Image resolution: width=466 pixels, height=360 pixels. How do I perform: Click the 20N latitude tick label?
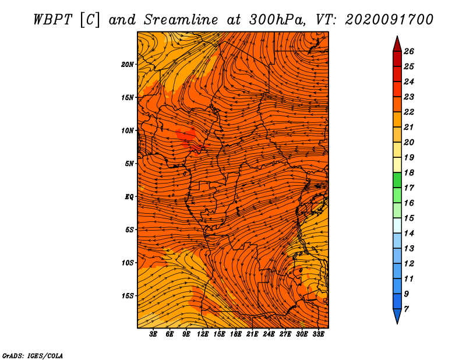[x=128, y=65]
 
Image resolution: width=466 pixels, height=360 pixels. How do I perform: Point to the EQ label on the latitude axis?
[x=129, y=197]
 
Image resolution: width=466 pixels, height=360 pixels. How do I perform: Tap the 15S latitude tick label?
[x=128, y=296]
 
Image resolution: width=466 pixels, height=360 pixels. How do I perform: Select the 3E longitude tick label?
[x=153, y=334]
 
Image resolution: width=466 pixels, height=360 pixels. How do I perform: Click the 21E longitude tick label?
[x=252, y=334]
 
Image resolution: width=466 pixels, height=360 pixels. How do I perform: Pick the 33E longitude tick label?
[x=318, y=334]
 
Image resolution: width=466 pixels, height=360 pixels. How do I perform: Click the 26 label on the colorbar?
[x=409, y=51]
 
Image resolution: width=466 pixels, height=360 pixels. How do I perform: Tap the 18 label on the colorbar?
[x=409, y=172]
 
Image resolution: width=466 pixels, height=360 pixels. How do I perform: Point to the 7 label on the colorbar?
[x=406, y=309]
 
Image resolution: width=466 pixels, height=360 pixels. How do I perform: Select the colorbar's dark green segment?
[x=397, y=180]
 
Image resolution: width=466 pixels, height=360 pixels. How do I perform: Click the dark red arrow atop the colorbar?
[x=397, y=44]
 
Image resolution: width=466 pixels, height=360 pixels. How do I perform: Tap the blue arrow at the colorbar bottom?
[x=397, y=316]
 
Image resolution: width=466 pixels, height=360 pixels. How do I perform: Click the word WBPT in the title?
[x=52, y=20]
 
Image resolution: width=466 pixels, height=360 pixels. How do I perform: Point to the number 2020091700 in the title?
[x=389, y=20]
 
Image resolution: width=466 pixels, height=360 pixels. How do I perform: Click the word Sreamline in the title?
[x=181, y=20]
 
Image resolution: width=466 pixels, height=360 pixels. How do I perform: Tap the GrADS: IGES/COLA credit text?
[x=33, y=356]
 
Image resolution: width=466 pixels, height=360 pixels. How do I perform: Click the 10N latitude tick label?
[x=128, y=130]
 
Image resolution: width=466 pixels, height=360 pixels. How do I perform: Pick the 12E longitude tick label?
[x=202, y=334]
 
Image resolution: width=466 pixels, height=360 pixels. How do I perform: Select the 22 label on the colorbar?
[x=409, y=112]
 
